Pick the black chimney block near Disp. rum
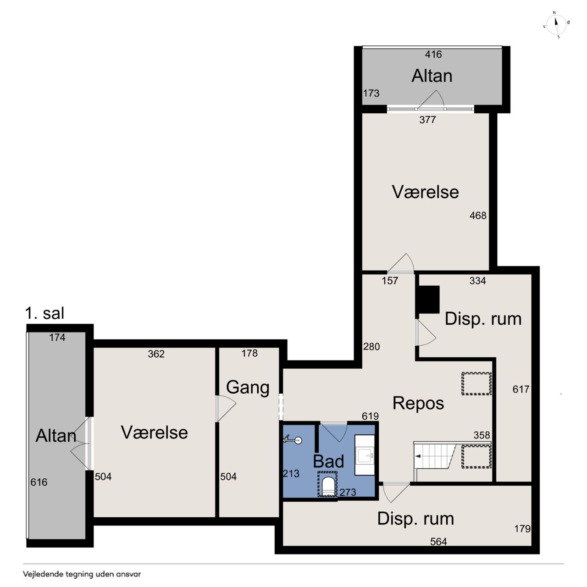[x=428, y=299]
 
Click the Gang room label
[x=248, y=388]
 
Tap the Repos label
[x=418, y=403]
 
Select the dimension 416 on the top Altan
[x=433, y=54]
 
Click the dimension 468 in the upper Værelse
[x=478, y=216]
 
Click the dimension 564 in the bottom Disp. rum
[x=439, y=541]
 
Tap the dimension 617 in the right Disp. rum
[x=521, y=389]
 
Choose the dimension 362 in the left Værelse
[x=156, y=354]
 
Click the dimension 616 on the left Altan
[x=39, y=482]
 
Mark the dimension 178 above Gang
[x=249, y=353]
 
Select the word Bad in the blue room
[x=328, y=461]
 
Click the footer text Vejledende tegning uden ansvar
[x=82, y=574]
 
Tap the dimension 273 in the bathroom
[x=348, y=492]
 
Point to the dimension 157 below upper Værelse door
[x=390, y=281]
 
